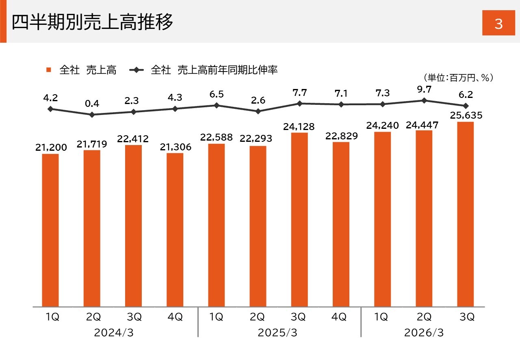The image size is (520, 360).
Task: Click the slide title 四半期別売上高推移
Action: (x=92, y=22)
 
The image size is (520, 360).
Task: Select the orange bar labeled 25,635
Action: (x=465, y=214)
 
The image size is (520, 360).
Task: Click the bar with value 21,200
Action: (x=50, y=230)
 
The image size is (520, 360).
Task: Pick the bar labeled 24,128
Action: (x=299, y=219)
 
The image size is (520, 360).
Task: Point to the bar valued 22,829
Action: (x=341, y=224)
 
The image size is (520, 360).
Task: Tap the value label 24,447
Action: (x=424, y=125)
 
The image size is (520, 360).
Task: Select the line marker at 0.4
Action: (x=92, y=115)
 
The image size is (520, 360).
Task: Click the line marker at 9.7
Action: (x=424, y=100)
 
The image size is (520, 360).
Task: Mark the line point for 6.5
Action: (x=217, y=105)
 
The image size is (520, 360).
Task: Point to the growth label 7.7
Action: (x=299, y=93)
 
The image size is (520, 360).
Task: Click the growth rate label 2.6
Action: (x=258, y=100)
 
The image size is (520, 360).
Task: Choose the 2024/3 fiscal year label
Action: (x=114, y=333)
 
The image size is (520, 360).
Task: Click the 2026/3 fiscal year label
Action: (x=424, y=333)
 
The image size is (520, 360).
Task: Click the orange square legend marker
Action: (x=49, y=70)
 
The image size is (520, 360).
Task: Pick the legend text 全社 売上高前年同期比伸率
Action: (x=214, y=70)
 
